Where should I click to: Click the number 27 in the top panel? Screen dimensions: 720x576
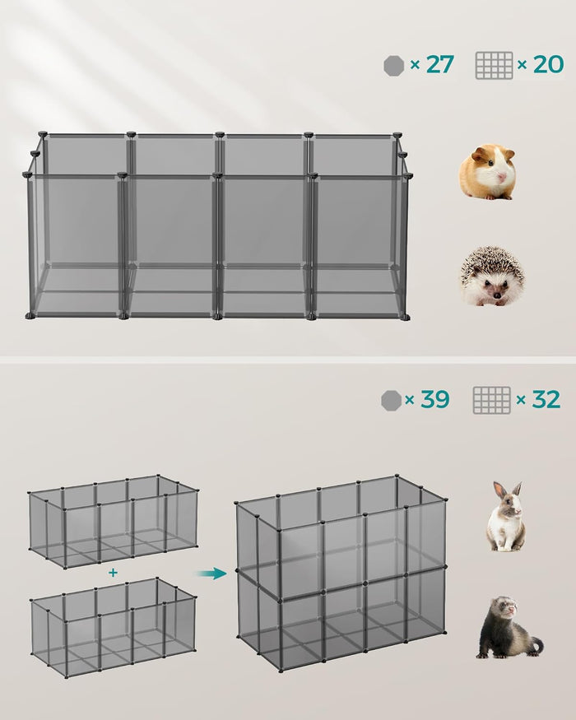(439, 65)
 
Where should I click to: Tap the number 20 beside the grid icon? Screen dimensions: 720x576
(548, 65)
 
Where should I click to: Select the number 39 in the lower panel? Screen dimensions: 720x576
(434, 400)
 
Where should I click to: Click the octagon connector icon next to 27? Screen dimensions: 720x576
(393, 66)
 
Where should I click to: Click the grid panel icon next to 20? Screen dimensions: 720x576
(494, 66)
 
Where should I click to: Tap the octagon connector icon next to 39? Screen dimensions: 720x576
(391, 401)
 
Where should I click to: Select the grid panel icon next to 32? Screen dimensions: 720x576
(491, 400)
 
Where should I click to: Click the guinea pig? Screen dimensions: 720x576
(487, 172)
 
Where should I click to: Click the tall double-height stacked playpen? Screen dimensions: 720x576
(341, 568)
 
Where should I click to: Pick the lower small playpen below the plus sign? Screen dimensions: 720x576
(113, 625)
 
